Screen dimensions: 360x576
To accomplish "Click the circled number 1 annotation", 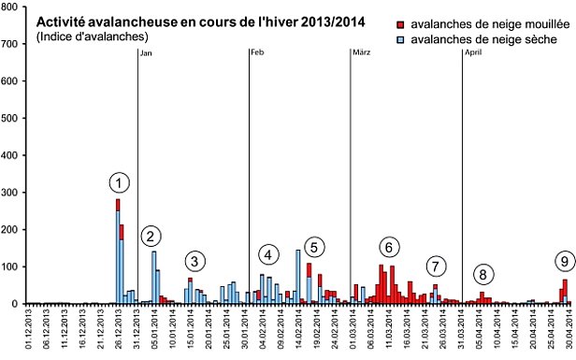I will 119,182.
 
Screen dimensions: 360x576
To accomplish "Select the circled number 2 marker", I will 152,236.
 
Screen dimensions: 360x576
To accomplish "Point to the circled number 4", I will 268,254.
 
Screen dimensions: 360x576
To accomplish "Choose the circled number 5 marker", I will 314,247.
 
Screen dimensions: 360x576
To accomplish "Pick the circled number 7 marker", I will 436,266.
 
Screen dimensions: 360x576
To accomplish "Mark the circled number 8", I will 482,274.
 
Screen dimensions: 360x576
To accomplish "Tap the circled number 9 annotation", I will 563,261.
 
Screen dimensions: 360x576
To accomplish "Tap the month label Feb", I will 257,52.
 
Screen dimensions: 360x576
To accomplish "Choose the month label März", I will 361,52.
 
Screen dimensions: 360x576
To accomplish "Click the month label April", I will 475,52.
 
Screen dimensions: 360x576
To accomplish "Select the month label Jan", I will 145,52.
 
